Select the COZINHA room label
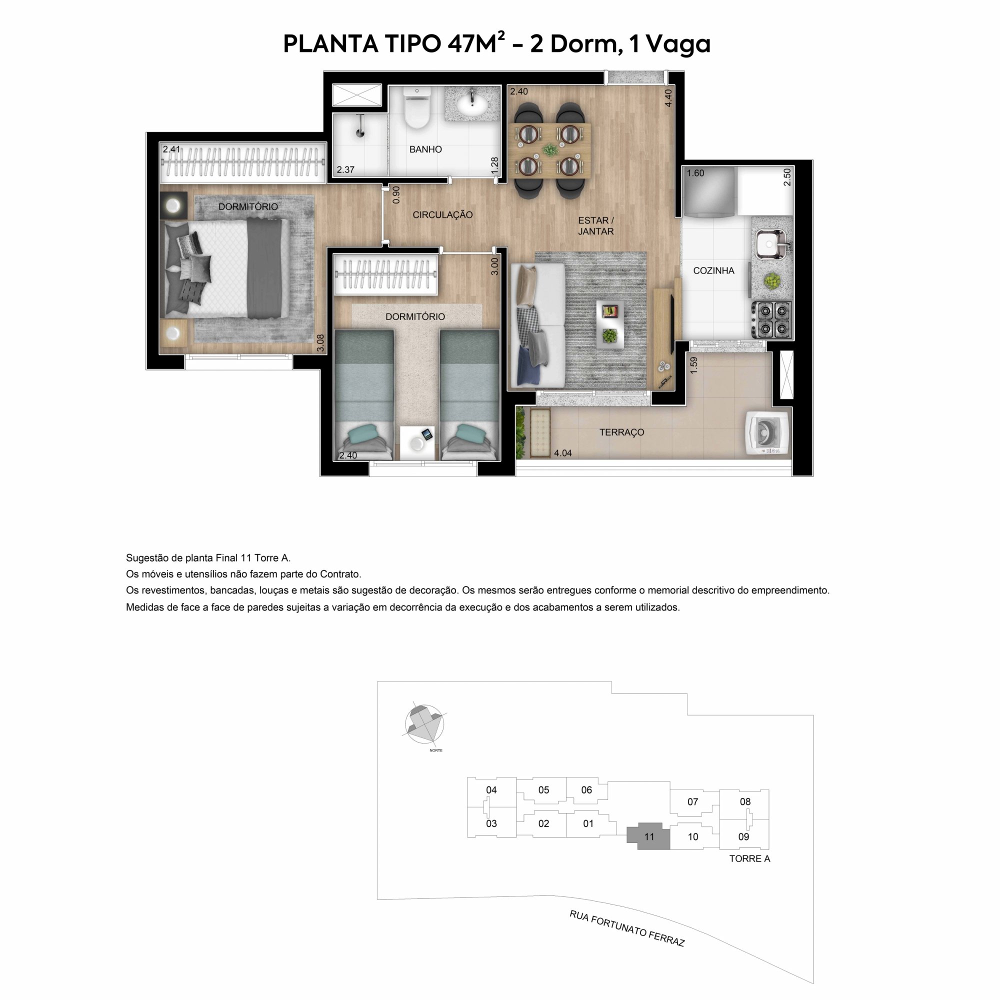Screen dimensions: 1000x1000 tap(713, 270)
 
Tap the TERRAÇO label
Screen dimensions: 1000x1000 tap(621, 432)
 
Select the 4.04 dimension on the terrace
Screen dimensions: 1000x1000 tap(562, 453)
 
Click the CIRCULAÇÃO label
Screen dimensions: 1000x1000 tap(442, 215)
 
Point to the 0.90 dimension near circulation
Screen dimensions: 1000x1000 tap(396, 194)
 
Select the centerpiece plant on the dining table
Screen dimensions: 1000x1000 tap(549, 150)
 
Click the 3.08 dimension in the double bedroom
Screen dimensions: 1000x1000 tap(320, 342)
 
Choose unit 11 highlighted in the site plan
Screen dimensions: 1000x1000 tap(648, 836)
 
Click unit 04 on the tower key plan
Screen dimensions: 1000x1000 tap(491, 790)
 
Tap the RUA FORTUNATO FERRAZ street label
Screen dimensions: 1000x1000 tap(627, 928)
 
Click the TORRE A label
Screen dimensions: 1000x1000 tap(749, 858)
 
